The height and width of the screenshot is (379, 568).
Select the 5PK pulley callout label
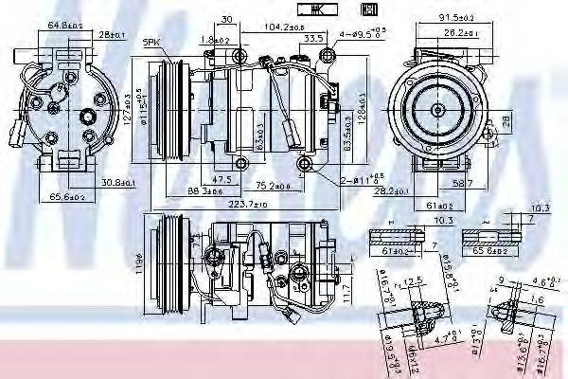point(151,44)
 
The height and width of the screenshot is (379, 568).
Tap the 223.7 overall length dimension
point(240,204)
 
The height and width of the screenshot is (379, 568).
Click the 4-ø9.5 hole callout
point(361,35)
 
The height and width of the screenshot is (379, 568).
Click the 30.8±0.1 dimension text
point(118,182)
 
